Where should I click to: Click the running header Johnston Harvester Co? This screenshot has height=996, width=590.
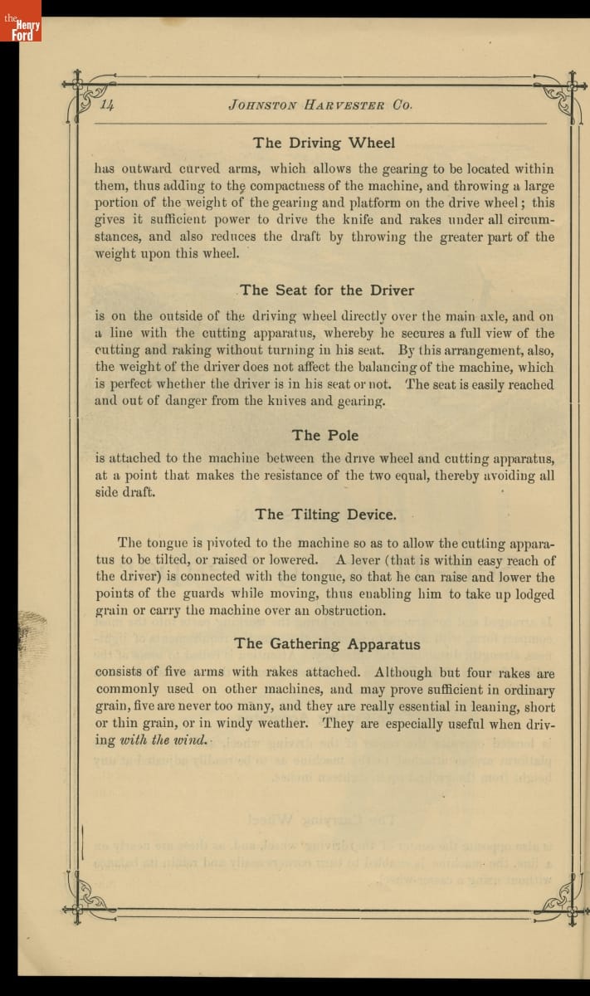(x=319, y=105)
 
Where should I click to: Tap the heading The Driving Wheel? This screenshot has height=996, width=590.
(x=324, y=143)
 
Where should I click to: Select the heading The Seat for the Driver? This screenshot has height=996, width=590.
(x=327, y=290)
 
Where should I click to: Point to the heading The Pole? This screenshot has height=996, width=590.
(x=325, y=435)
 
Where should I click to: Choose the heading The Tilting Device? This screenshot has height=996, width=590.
(x=325, y=515)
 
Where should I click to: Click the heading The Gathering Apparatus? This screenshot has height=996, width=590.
(x=327, y=644)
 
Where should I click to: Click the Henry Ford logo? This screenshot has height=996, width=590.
(x=22, y=26)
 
